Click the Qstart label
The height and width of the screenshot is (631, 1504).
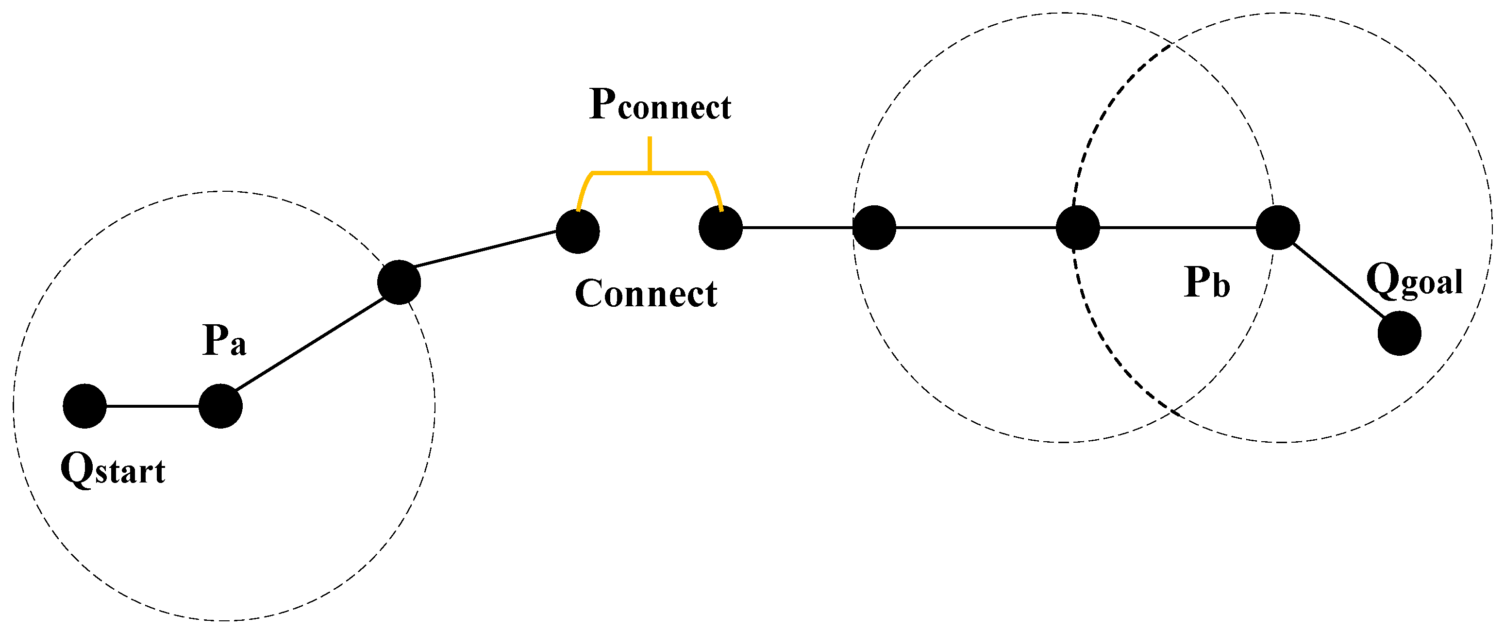click(x=113, y=470)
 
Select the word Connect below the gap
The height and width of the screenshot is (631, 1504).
click(x=646, y=293)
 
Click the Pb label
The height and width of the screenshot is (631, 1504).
click(x=1207, y=282)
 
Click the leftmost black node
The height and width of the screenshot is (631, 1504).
click(x=84, y=406)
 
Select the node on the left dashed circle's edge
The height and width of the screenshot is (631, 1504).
click(x=399, y=282)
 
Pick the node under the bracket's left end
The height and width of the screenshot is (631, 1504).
click(x=577, y=232)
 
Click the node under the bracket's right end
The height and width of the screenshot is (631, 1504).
click(x=720, y=228)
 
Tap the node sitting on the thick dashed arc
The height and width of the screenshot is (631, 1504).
click(x=1078, y=228)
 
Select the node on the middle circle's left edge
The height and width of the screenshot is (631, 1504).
click(x=874, y=228)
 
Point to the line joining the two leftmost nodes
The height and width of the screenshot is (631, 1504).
click(x=153, y=406)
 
